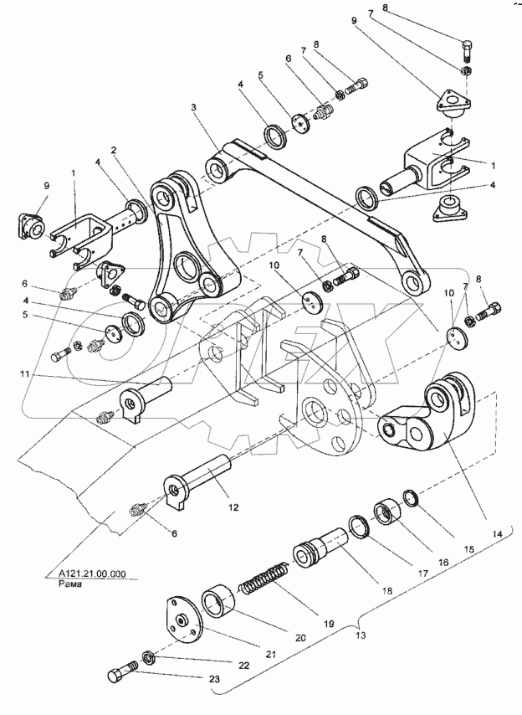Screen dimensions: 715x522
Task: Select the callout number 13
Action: [361, 635]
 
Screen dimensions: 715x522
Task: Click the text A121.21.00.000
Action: [92, 574]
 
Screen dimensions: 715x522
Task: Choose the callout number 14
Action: [497, 532]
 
